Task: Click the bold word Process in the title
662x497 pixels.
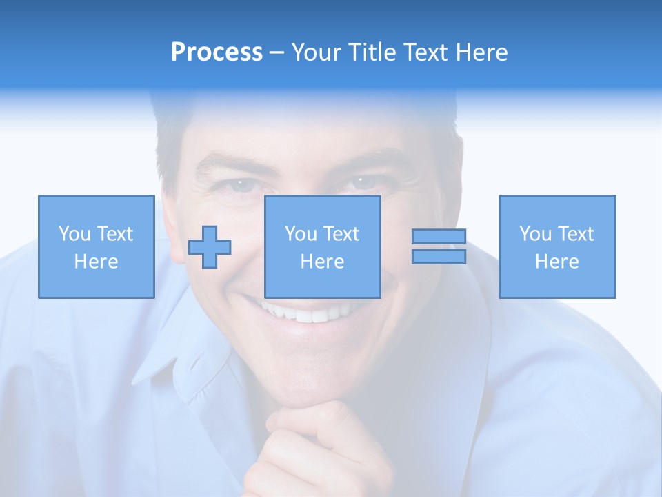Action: pyautogui.click(x=217, y=52)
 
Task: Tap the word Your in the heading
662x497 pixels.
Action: pyautogui.click(x=315, y=52)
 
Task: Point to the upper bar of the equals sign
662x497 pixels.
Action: pyautogui.click(x=439, y=237)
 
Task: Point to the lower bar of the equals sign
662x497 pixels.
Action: pyautogui.click(x=439, y=256)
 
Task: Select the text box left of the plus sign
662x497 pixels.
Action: pyautogui.click(x=97, y=246)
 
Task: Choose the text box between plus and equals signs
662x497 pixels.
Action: pyautogui.click(x=323, y=246)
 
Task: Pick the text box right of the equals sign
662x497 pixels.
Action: pyautogui.click(x=557, y=246)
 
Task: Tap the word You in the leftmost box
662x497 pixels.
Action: pyautogui.click(x=74, y=234)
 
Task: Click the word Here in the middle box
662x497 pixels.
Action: pyautogui.click(x=323, y=262)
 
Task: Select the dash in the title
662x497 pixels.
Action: pyautogui.click(x=277, y=52)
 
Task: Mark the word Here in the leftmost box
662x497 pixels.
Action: pyautogui.click(x=97, y=262)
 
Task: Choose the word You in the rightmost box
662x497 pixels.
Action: pyautogui.click(x=535, y=234)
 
